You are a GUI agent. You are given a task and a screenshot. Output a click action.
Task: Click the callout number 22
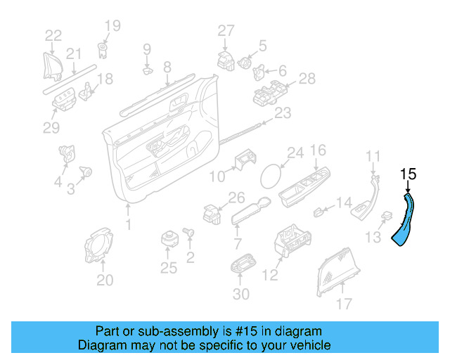coord(53,35)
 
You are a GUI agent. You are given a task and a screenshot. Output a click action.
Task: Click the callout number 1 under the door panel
coord(128,225)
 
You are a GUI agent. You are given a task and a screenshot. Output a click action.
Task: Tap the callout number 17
coord(344,303)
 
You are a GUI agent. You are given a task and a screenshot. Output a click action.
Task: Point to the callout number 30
coord(240,293)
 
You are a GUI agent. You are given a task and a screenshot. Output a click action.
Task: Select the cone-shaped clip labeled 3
coord(87,171)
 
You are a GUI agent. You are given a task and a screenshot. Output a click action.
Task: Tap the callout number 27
coord(225,30)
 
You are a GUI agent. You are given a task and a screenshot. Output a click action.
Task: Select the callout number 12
coord(270,276)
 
